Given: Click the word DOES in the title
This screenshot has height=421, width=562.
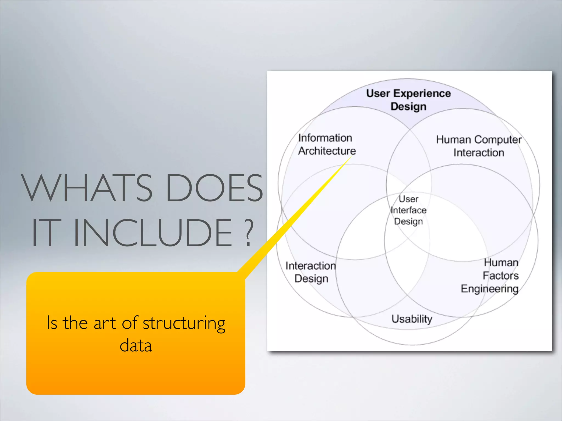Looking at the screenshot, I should tap(214, 188).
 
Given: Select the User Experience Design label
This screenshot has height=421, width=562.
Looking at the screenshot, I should tap(408, 100).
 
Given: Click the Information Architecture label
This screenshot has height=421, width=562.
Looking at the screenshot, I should tap(327, 144).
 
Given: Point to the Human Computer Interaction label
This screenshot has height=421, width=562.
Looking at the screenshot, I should tap(479, 146).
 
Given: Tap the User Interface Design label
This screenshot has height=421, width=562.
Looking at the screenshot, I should tap(408, 210).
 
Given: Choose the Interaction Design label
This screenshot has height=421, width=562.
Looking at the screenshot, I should tap(311, 272).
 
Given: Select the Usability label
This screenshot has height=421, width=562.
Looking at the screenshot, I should tap(412, 319).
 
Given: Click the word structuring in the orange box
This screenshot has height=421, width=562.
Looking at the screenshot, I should tap(184, 323).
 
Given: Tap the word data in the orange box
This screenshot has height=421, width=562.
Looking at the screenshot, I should tap(136, 345).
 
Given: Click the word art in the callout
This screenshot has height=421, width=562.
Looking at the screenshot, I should tap(105, 323).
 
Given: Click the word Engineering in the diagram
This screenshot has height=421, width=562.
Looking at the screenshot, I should tap(490, 289).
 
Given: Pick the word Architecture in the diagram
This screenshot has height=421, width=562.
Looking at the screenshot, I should tap(327, 151).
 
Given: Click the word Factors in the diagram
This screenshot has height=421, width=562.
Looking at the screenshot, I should tap(501, 276).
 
